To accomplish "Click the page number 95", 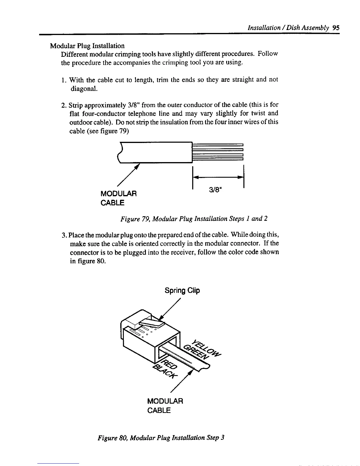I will pyautogui.click(x=336, y=28).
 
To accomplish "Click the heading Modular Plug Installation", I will pyautogui.click(x=87, y=46).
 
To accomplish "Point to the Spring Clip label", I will pyautogui.click(x=182, y=291).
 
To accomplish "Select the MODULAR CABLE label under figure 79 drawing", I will pyautogui.click(x=119, y=198).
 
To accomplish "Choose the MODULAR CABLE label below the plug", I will pyautogui.click(x=165, y=405).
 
